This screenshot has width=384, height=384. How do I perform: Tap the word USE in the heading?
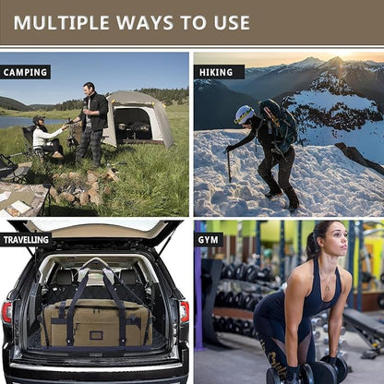click(x=226, y=22)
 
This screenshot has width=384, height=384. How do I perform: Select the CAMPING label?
click(x=26, y=72)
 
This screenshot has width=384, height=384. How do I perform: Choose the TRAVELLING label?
click(x=26, y=239)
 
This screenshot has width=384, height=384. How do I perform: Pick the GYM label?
click(x=210, y=239)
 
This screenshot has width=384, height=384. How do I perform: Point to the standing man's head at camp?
click(x=90, y=89)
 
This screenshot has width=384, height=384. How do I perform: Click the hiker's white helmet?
click(x=245, y=114)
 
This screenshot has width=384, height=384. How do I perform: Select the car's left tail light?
click(x=6, y=311)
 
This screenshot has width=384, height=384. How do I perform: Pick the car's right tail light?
click(x=184, y=311)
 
